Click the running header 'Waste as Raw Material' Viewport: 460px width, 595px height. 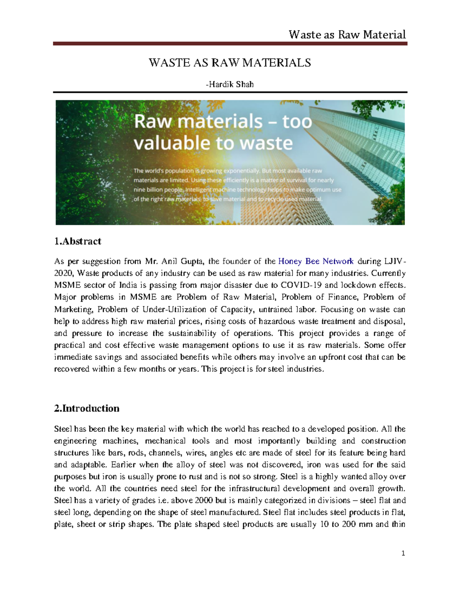347,35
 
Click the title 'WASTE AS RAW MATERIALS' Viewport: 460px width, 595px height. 230,63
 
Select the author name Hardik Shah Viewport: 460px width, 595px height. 230,84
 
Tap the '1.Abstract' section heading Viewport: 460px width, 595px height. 78,241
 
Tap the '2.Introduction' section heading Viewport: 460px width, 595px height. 87,408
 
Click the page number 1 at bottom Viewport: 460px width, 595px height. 403,553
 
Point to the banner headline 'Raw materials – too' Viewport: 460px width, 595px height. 223,122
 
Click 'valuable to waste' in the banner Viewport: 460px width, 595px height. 213,143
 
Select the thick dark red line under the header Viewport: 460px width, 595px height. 230,44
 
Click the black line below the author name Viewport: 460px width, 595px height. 230,92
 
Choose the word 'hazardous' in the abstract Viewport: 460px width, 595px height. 277,321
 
